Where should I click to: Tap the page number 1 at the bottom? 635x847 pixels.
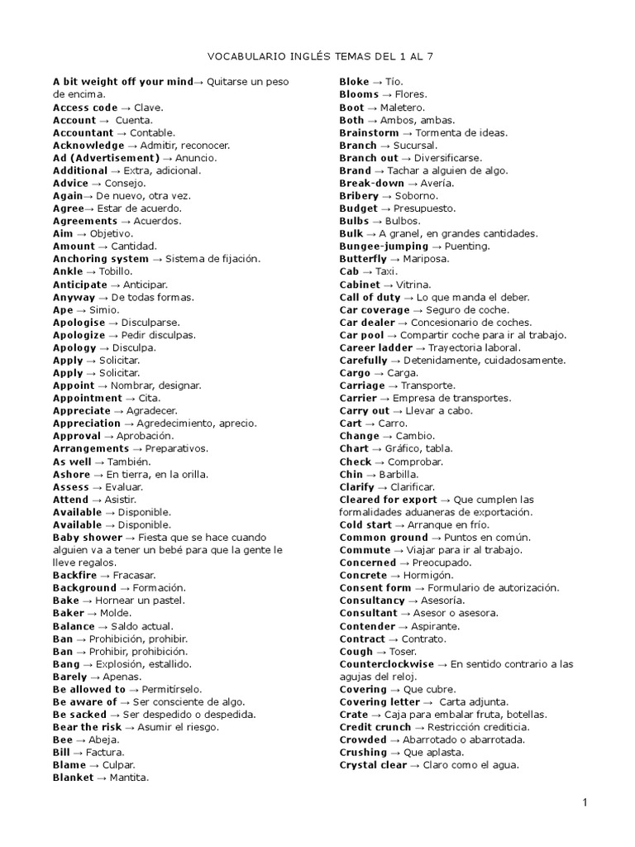pos(584,802)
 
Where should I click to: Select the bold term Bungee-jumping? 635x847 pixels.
pos(384,246)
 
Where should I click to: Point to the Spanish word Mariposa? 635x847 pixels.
pos(427,259)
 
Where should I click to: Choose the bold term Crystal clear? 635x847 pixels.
pos(373,765)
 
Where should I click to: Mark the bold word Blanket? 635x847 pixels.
pos(74,778)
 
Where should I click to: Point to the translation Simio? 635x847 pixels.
pos(105,309)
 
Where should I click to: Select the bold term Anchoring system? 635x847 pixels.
pos(101,259)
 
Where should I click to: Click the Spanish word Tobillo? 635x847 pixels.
pos(120,271)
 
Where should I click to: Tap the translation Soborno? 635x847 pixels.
pos(417,196)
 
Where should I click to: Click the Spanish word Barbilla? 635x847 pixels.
pos(398,474)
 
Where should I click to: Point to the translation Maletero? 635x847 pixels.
pos(403,108)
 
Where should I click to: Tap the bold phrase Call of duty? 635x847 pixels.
pos(370,297)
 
